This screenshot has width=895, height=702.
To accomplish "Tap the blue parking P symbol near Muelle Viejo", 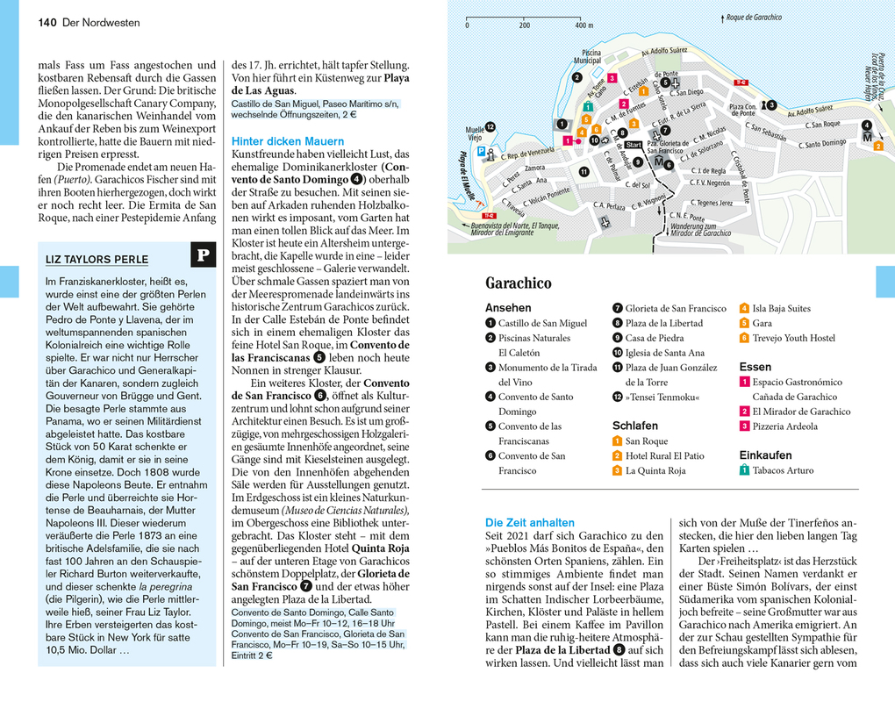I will pyautogui.click(x=480, y=151).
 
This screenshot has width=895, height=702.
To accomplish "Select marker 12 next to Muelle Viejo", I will pyautogui.click(x=490, y=127).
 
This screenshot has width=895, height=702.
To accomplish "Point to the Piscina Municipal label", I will pyautogui.click(x=586, y=55).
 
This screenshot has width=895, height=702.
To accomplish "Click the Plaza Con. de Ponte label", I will pyautogui.click(x=742, y=110).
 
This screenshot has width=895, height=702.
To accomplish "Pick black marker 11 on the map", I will pyautogui.click(x=583, y=171).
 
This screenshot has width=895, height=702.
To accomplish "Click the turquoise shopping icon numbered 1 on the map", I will pyautogui.click(x=586, y=107).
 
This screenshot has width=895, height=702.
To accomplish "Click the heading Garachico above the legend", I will pyautogui.click(x=519, y=283).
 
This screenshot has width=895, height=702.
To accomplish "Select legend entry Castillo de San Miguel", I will pyautogui.click(x=542, y=323).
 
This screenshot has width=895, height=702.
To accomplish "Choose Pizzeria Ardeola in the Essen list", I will pyautogui.click(x=784, y=426).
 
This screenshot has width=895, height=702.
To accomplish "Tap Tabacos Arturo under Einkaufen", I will pyautogui.click(x=783, y=470).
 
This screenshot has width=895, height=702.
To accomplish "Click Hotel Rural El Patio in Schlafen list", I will pyautogui.click(x=664, y=456).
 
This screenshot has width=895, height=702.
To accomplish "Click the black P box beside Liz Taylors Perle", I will pyautogui.click(x=203, y=255).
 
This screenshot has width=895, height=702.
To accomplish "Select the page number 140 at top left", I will pyautogui.click(x=48, y=23).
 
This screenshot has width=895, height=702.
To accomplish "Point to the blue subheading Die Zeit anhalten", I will pyautogui.click(x=529, y=521).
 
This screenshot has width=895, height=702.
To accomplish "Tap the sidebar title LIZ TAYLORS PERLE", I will pyautogui.click(x=97, y=259).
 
